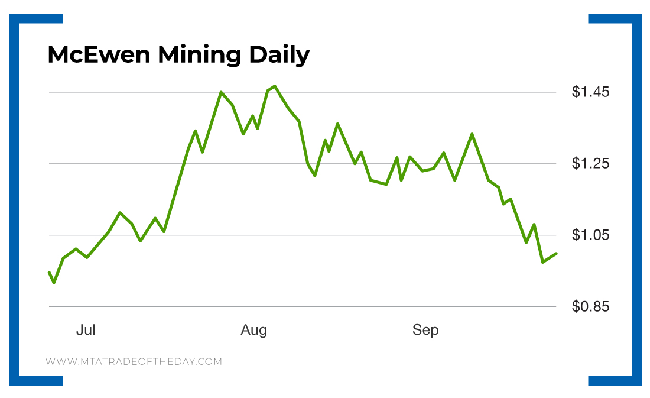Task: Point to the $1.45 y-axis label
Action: tap(590, 92)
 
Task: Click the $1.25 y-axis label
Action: tap(590, 164)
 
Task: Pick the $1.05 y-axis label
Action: tap(590, 235)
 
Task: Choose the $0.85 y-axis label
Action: tap(590, 307)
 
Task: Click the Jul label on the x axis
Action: tap(86, 330)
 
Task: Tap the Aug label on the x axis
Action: tap(254, 330)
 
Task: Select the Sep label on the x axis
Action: tap(425, 330)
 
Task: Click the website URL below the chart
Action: tap(134, 361)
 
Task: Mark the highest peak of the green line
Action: tap(275, 86)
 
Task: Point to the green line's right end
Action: tap(557, 253)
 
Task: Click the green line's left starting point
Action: tap(49, 272)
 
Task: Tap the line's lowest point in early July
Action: tap(54, 283)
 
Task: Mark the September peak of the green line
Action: tap(472, 134)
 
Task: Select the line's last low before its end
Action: tap(542, 261)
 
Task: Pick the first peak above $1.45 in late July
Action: tap(221, 92)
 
